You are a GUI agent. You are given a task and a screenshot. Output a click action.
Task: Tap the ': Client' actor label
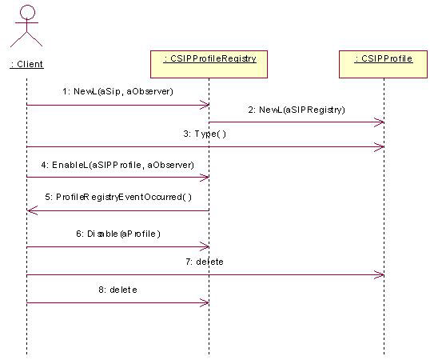[x=26, y=64]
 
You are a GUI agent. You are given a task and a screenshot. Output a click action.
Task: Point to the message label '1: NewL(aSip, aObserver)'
[x=118, y=91]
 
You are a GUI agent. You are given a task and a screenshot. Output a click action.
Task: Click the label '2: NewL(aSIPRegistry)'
[x=297, y=110]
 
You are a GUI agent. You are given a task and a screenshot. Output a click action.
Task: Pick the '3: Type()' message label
[x=205, y=134]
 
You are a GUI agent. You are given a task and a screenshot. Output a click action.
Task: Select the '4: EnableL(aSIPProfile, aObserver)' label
[x=117, y=165]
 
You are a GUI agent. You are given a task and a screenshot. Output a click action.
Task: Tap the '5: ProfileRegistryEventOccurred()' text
[x=118, y=197]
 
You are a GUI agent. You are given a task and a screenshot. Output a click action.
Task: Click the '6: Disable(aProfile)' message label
[x=118, y=234]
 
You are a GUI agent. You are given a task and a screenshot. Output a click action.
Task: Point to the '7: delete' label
[x=205, y=262]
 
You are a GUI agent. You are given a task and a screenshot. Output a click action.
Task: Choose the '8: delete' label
[x=118, y=290]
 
